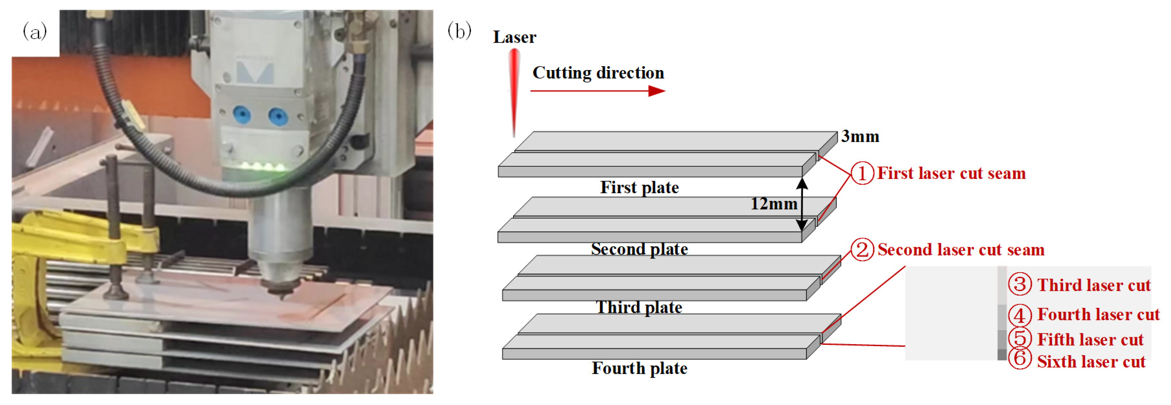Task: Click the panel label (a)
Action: click(34, 32)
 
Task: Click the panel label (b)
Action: click(459, 31)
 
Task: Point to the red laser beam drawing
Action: click(514, 91)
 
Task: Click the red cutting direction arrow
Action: click(597, 91)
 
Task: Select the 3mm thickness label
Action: click(860, 136)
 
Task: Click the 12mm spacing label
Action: click(774, 204)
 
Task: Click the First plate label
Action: click(639, 187)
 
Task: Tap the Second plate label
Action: click(639, 249)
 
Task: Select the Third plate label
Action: click(639, 307)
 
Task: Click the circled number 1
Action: click(862, 173)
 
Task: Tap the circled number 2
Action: click(862, 250)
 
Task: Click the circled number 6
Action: click(1019, 359)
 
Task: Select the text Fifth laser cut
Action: click(1090, 339)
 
